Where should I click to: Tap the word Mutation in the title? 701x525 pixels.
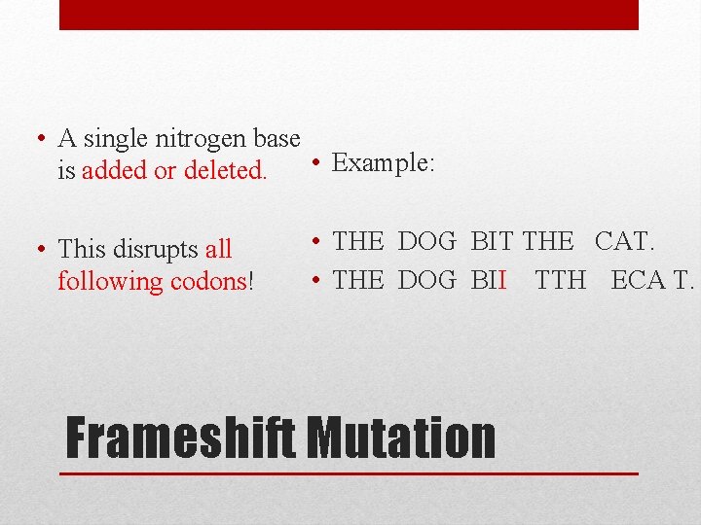401,437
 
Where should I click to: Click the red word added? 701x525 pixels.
115,171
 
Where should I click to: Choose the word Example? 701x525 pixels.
383,162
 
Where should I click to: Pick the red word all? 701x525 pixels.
218,250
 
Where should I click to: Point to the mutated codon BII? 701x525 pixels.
490,280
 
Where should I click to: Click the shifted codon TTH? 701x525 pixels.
561,280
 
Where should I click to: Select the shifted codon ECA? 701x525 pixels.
635,280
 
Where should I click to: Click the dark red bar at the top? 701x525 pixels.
349,15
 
